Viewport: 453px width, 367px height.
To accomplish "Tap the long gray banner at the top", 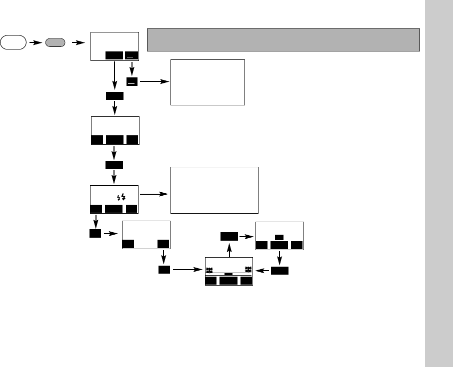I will pos(283,39).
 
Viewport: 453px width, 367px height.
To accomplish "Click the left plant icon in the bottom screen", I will pos(210,270).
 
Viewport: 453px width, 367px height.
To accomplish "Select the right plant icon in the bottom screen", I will pos(247,270).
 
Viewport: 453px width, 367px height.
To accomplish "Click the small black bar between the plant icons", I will pos(228,274).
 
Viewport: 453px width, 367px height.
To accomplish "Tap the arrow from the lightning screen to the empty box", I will pos(154,194).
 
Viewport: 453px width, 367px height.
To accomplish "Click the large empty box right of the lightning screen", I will pos(214,190).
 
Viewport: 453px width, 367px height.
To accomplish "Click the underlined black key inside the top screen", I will pos(130,56).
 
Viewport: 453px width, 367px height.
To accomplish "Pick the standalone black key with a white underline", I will pos(131,82).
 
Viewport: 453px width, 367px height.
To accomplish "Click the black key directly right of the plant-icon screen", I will pos(280,271).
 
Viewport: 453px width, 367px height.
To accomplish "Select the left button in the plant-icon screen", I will pos(210,281).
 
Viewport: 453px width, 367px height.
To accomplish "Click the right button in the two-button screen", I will pos(163,244).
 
